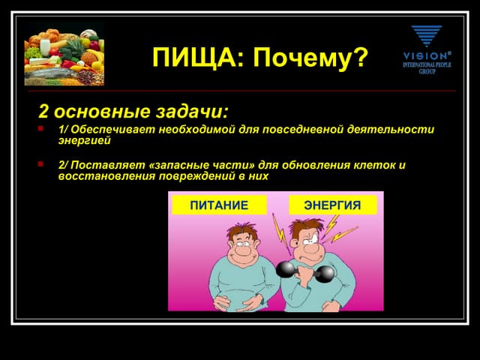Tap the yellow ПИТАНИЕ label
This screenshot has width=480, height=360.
click(x=218, y=205)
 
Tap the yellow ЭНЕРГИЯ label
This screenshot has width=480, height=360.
click(x=332, y=205)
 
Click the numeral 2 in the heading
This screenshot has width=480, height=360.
click(x=44, y=112)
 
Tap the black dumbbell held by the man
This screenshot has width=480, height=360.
click(x=306, y=271)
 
